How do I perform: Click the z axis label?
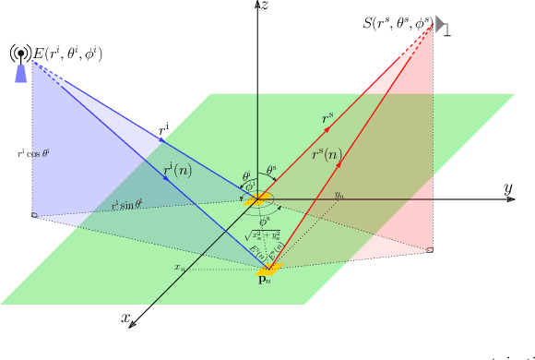tap(265, 6)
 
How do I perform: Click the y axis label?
tap(507, 189)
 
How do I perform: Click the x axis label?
tap(125, 317)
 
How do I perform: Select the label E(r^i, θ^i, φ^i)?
tap(67, 54)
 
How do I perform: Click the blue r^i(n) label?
tap(177, 171)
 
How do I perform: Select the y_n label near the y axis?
tap(339, 196)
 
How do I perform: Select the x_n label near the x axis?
tap(178, 267)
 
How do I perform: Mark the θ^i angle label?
tap(245, 174)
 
